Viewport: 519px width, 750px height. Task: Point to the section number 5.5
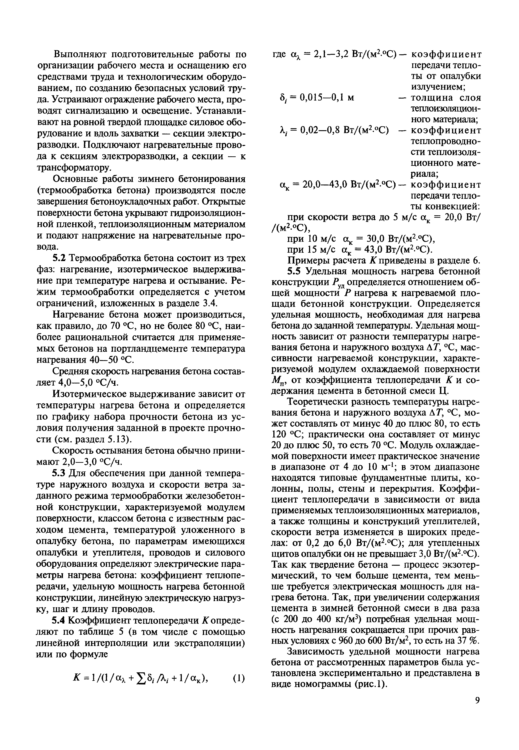294,271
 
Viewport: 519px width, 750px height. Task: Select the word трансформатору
74,168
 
